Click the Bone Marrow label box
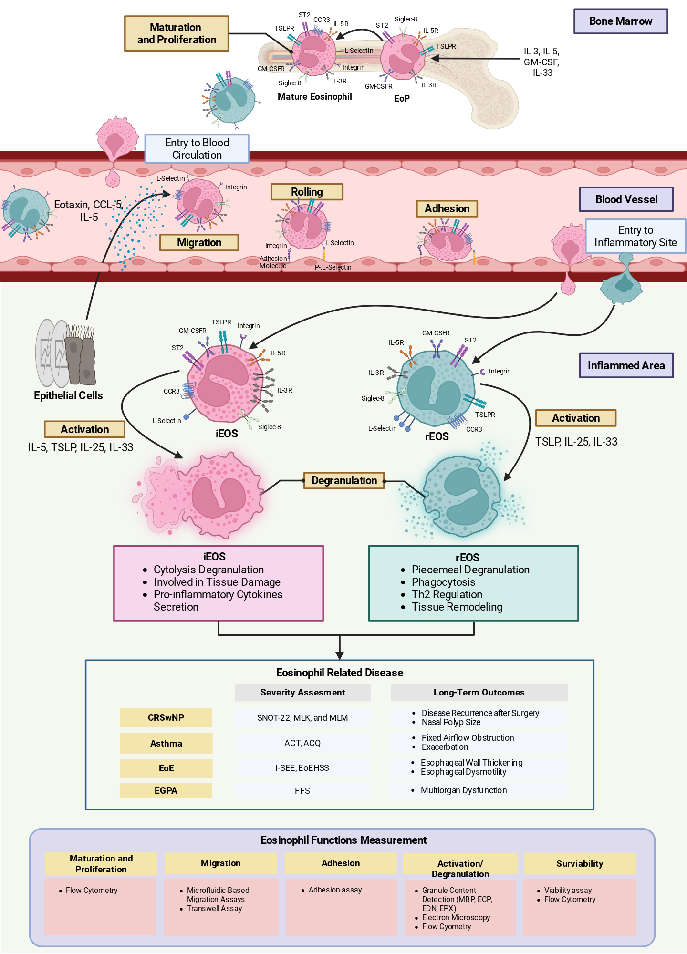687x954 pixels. [x=620, y=21]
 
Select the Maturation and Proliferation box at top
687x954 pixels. [x=177, y=33]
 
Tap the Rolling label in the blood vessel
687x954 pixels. [x=307, y=192]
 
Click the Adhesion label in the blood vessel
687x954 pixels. [x=447, y=208]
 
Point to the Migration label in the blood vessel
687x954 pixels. [x=199, y=242]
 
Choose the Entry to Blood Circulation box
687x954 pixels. [x=197, y=149]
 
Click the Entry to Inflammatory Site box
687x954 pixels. [x=635, y=236]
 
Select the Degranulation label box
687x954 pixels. [x=344, y=480]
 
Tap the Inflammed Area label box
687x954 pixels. [x=626, y=365]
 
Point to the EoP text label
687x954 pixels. [x=402, y=98]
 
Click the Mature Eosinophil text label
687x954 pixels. [x=315, y=96]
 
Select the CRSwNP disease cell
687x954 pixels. [x=166, y=717]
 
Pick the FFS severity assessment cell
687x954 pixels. [x=302, y=790]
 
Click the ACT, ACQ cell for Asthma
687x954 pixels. [x=302, y=743]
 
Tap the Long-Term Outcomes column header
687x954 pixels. [x=479, y=692]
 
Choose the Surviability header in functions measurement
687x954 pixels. [x=580, y=863]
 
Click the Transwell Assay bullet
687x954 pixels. [x=214, y=908]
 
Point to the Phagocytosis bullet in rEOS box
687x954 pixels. [x=443, y=582]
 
